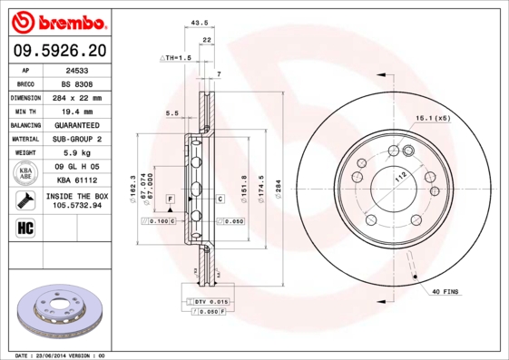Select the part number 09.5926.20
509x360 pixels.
59,51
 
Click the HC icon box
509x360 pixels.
25,227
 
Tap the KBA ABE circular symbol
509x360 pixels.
25,174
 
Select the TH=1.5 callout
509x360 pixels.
178,58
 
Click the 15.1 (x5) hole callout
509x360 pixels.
432,118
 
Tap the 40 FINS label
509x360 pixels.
445,292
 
